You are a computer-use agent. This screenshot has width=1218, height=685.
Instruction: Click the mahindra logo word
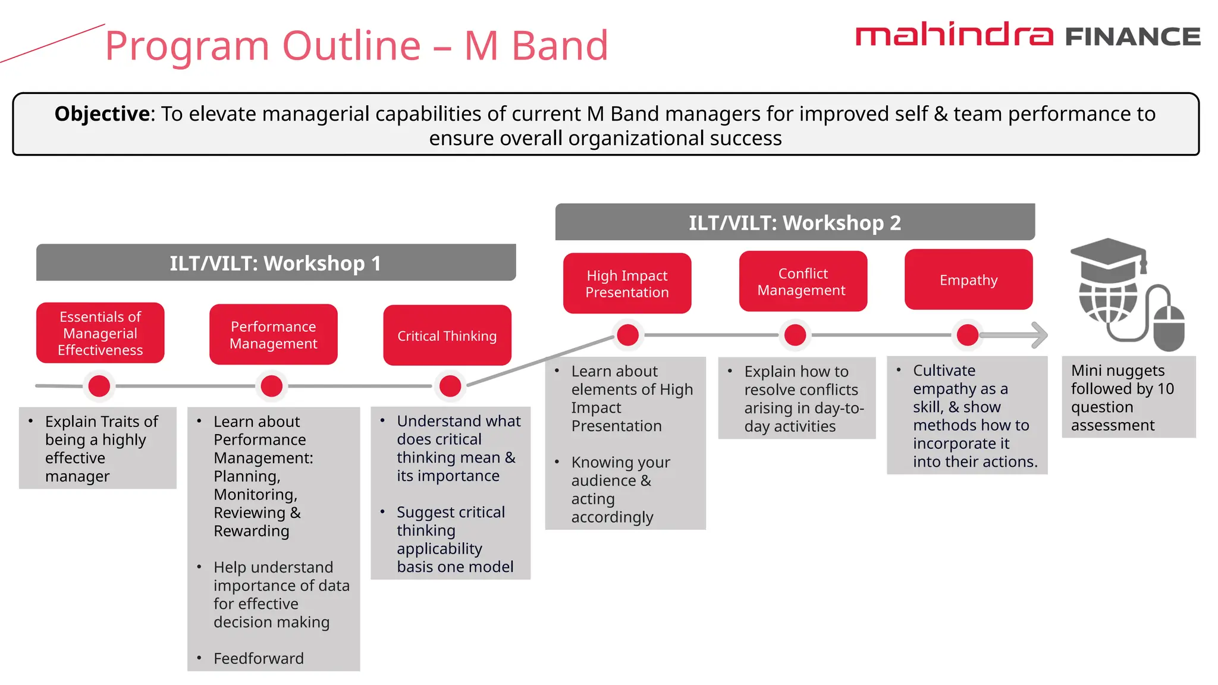[954, 35]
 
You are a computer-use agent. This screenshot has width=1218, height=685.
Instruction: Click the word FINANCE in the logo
[1132, 37]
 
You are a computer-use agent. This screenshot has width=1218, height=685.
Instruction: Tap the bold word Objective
[102, 114]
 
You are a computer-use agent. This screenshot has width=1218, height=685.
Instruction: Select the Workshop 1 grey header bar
[275, 263]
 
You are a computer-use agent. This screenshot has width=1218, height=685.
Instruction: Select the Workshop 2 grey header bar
[795, 222]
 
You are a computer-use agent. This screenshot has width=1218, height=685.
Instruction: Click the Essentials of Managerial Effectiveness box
[100, 333]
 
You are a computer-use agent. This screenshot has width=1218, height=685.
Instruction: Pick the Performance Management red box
[273, 335]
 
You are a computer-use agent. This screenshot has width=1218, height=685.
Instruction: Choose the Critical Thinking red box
[447, 336]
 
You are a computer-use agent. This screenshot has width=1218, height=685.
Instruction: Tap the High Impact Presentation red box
[627, 284]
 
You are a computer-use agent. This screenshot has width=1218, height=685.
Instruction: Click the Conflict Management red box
[802, 281]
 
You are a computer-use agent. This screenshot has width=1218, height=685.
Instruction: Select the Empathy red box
[968, 280]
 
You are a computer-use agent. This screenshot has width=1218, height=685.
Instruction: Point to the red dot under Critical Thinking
[450, 386]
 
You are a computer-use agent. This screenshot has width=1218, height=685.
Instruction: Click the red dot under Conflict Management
[795, 335]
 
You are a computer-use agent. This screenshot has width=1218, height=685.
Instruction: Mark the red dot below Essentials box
[99, 386]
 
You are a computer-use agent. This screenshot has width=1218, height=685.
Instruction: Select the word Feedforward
[258, 658]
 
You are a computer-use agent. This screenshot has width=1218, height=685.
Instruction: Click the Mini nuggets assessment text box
[1128, 397]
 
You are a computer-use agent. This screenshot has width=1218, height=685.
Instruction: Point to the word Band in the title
[560, 46]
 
